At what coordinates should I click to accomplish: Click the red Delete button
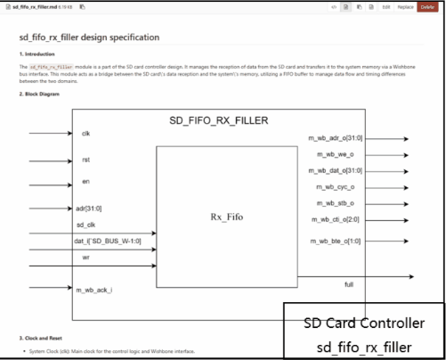pos(428,7)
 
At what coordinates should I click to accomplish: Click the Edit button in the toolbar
pos(386,7)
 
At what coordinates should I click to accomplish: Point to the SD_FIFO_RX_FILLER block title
pos(218,119)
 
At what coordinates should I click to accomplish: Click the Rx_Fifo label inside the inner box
pos(229,216)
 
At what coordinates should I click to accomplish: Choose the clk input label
pos(85,133)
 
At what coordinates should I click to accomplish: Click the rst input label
pos(85,160)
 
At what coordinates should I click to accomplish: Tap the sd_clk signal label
pos(86,225)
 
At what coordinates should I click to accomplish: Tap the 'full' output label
pos(350,282)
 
